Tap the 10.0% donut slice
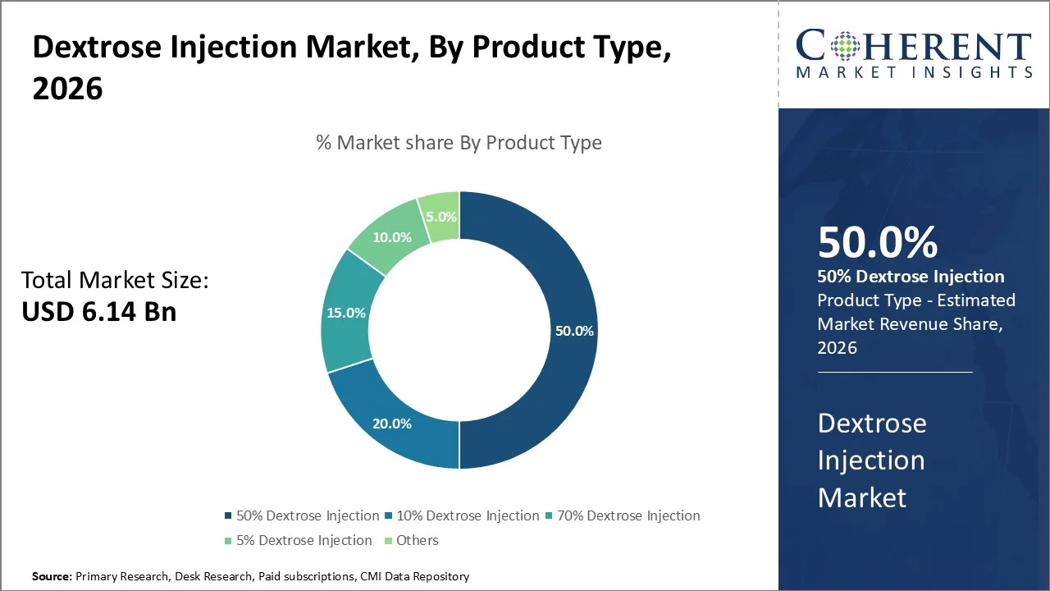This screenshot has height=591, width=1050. point(392,236)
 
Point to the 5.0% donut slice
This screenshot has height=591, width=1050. point(441,217)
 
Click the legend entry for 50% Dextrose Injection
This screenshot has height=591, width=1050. point(301,516)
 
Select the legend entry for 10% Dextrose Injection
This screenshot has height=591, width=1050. point(461,516)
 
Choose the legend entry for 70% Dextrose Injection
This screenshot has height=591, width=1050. point(622,516)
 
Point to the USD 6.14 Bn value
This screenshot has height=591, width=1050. point(98,311)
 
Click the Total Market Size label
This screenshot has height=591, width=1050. point(115,281)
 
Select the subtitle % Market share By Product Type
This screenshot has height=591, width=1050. point(459,143)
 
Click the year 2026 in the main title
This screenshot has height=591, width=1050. point(67,89)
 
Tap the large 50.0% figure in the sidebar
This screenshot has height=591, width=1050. point(877,243)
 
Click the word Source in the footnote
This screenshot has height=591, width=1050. point(52,577)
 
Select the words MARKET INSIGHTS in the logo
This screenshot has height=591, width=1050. point(914,72)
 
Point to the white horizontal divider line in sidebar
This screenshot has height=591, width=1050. point(894,372)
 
